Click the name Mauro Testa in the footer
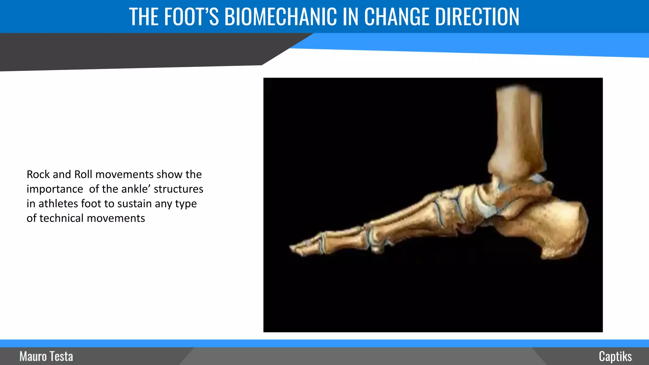point(46,356)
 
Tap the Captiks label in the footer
point(615,356)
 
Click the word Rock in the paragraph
point(38,174)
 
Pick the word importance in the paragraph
point(55,189)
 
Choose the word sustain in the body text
point(134,203)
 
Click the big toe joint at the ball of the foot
point(374,239)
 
